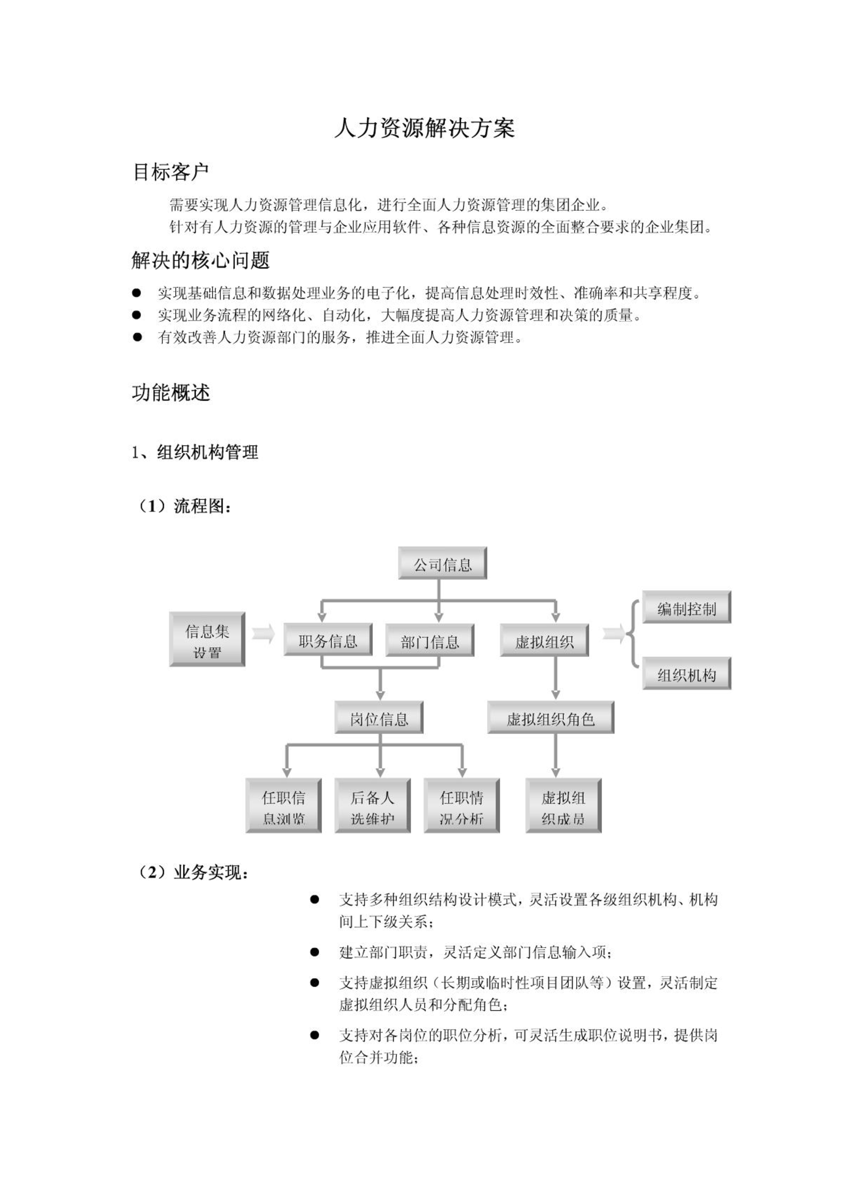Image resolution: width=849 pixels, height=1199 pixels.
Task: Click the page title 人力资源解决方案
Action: coord(425,128)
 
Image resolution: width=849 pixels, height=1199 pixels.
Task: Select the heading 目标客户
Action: coord(170,172)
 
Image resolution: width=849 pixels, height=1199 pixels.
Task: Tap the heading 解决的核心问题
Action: coord(201,260)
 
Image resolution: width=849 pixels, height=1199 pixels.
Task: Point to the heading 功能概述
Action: coord(171,393)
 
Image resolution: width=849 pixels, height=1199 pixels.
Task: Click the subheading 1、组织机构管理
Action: coord(195,453)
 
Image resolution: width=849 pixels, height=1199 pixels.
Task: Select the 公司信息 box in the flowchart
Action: coord(443,563)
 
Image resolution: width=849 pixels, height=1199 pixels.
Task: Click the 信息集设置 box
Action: coord(207,639)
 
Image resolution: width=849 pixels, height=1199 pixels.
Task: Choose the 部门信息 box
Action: coord(430,640)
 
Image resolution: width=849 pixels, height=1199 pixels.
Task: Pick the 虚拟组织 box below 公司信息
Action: coord(544,640)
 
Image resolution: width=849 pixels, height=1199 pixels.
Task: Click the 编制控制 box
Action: coord(687,607)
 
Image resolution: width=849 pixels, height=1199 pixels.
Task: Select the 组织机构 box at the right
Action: coord(687,674)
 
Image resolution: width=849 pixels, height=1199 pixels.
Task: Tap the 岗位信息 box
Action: coord(379,718)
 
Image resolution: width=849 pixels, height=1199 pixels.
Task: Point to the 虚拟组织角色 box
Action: coord(551,718)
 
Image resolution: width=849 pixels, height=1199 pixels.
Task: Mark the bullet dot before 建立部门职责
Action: coord(314,952)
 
